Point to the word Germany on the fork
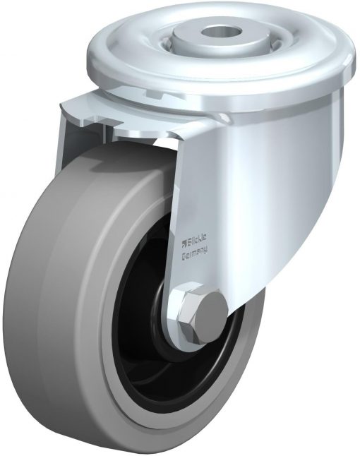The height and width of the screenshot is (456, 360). [194, 253]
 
